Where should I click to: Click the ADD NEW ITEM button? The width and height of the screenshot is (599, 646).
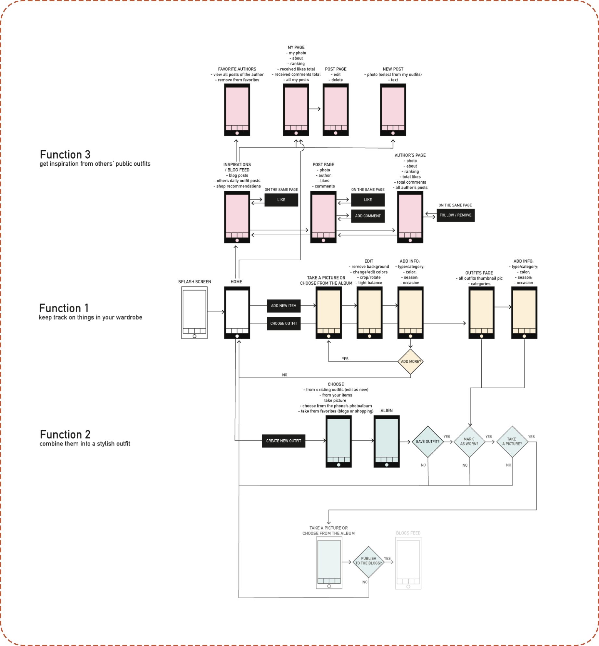(x=284, y=305)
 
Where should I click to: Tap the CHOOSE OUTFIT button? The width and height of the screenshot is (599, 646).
(x=284, y=323)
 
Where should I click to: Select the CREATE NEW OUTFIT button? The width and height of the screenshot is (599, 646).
(x=284, y=441)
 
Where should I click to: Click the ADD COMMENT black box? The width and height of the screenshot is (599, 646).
(x=368, y=216)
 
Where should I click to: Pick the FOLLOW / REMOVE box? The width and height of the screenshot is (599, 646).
(x=455, y=215)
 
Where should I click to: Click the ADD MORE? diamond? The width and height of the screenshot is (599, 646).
(x=411, y=361)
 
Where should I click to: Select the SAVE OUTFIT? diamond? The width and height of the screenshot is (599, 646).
(x=427, y=442)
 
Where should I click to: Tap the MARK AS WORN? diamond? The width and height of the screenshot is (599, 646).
(x=469, y=442)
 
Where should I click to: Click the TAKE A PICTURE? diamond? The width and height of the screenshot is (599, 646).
(x=512, y=442)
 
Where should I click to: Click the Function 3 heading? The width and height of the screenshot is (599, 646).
(x=65, y=154)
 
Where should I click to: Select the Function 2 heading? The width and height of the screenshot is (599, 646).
(x=65, y=434)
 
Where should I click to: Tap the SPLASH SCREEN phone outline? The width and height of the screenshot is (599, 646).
(x=194, y=313)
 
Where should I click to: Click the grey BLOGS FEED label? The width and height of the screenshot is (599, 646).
(x=408, y=533)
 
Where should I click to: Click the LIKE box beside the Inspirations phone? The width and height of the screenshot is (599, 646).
(x=281, y=200)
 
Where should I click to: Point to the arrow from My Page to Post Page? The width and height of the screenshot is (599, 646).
(x=315, y=109)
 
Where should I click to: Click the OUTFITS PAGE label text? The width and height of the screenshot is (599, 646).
(x=479, y=273)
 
